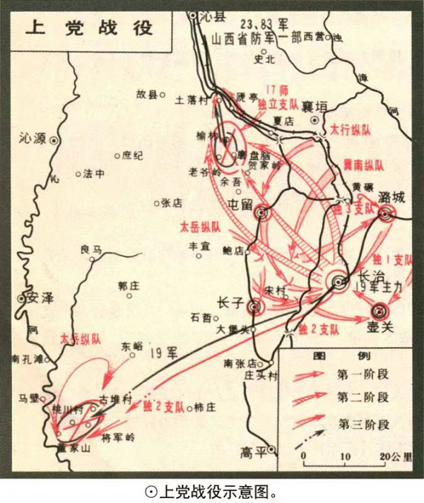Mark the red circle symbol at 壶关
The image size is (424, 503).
coord(379,311)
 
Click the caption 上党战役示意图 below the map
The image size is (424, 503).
coord(212,489)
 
